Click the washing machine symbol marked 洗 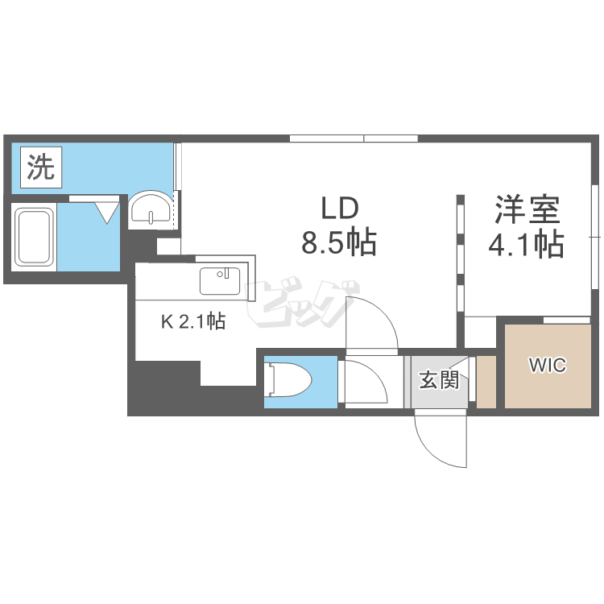tap(41, 168)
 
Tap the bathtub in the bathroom tap(34, 237)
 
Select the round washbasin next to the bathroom tap(151, 207)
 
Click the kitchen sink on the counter tap(220, 281)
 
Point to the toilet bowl tap(290, 381)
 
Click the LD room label tap(340, 208)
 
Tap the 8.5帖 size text tap(339, 243)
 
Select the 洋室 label tap(527, 209)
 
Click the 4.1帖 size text tap(526, 243)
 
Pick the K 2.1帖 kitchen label tap(193, 321)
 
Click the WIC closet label tap(548, 365)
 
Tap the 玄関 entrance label tap(439, 379)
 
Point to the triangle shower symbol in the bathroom tap(107, 212)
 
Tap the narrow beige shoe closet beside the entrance tap(486, 382)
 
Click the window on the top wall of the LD tap(354, 139)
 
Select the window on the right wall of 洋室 tap(595, 237)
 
